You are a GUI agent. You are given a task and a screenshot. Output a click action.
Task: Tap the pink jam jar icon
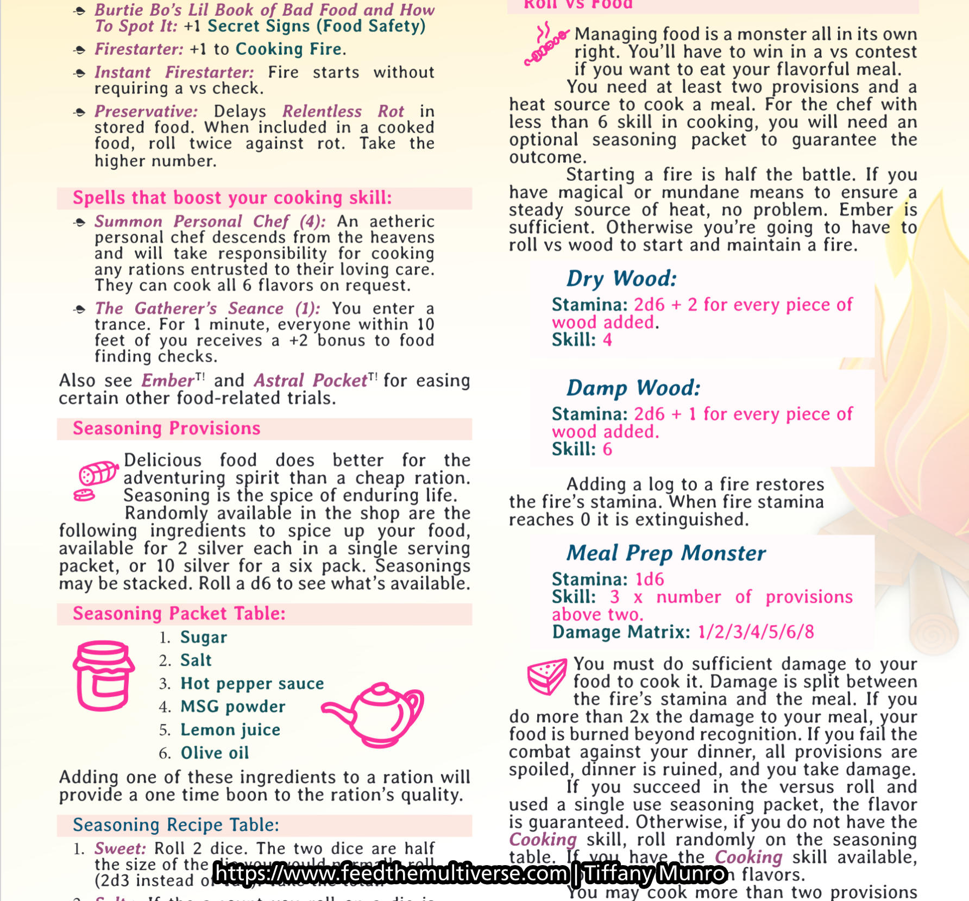point(103,676)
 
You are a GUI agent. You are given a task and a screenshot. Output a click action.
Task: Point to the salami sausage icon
point(96,478)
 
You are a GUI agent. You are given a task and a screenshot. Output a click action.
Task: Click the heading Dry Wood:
point(621,279)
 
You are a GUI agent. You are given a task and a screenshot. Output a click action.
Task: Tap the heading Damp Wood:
point(633,388)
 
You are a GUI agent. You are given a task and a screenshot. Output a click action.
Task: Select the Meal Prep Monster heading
point(666,553)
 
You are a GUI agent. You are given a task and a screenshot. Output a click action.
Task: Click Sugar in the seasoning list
point(204,637)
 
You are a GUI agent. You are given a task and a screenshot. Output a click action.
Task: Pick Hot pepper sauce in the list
point(252,683)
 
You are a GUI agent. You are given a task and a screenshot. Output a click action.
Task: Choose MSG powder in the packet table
point(232,707)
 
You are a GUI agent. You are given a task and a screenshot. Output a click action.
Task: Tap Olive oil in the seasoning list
point(215,753)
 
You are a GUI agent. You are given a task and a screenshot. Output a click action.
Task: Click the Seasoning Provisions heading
point(167,429)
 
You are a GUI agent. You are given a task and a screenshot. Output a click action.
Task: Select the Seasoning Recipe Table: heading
point(176,825)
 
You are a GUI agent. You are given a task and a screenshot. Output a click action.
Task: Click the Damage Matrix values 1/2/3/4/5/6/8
point(756,632)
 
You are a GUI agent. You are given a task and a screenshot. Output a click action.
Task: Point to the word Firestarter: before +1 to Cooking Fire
point(139,49)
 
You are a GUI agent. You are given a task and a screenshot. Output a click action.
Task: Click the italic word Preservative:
point(146,111)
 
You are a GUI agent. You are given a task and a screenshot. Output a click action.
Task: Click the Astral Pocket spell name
point(311,380)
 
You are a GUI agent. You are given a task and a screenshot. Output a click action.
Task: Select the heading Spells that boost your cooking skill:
point(232,198)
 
